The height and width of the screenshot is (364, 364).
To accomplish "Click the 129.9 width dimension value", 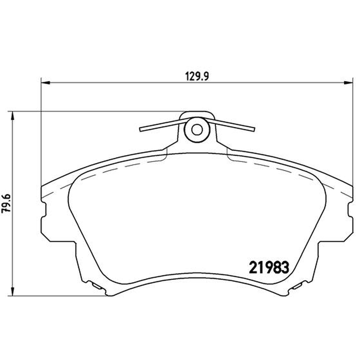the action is [x=197, y=76].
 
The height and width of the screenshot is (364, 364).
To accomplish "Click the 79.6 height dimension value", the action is [x=6, y=203].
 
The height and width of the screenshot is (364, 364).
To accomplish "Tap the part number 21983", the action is [x=269, y=268].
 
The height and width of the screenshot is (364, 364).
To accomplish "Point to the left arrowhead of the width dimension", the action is [x=45, y=82].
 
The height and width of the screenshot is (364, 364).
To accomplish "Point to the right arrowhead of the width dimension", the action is [x=348, y=82].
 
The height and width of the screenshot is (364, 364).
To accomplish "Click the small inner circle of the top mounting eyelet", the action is [x=197, y=130].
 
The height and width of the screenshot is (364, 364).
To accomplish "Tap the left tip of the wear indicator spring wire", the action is [x=140, y=129].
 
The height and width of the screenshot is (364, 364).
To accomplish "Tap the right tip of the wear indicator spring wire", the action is [x=254, y=129].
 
